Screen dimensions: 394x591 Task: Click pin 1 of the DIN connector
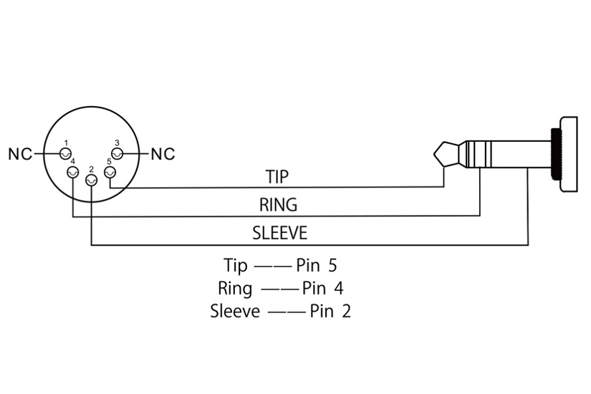pos(65,153)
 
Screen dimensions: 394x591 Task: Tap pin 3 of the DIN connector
pos(117,153)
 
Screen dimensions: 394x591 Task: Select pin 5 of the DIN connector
pos(110,172)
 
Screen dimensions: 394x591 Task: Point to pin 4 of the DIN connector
pos(72,173)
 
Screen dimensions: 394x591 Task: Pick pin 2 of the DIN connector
pos(91,179)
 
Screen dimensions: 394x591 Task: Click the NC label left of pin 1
pos(19,153)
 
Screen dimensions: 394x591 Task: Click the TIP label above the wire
pos(277,176)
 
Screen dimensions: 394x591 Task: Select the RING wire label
pos(278,206)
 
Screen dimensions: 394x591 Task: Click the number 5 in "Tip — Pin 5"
pos(332,266)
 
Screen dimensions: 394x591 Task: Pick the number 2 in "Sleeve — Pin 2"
pos(347,312)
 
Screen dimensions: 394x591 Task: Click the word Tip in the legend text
pos(235,266)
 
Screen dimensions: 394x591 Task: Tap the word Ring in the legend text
pos(235,289)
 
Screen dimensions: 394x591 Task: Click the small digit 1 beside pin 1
pos(66,143)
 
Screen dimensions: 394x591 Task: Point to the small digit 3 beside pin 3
pos(117,143)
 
